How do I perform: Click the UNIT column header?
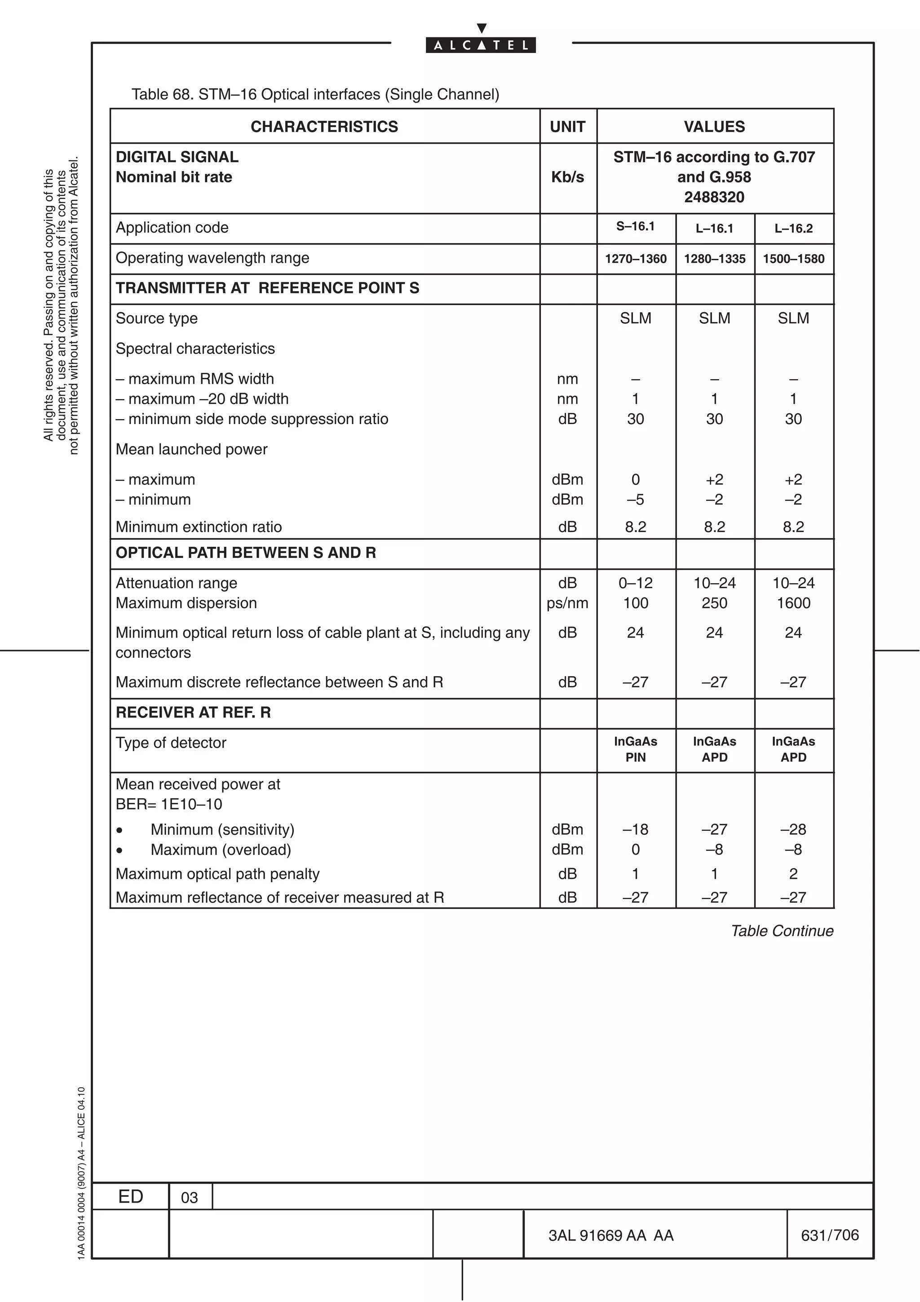[567, 126]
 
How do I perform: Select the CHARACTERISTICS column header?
[324, 126]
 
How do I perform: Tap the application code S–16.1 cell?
[636, 227]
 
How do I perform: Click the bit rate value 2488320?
[714, 197]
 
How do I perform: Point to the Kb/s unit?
[567, 177]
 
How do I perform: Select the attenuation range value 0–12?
[636, 583]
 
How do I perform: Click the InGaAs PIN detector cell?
[636, 749]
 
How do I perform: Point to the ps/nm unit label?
[567, 603]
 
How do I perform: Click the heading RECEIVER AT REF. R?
[193, 713]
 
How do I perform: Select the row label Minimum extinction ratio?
[199, 527]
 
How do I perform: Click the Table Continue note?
[782, 931]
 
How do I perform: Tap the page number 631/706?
[829, 1235]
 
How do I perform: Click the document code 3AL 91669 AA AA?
[610, 1236]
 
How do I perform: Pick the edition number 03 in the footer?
[189, 1198]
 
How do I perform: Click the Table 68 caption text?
[315, 94]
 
